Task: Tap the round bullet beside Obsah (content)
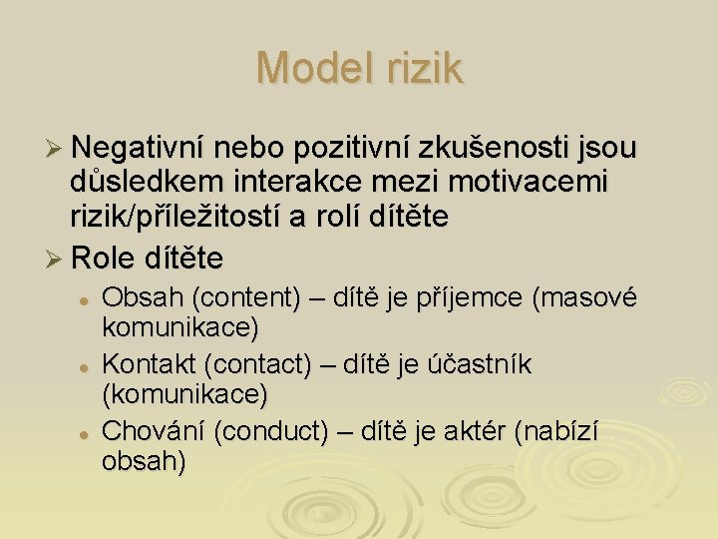click(x=87, y=299)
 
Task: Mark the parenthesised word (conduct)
click(x=270, y=433)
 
